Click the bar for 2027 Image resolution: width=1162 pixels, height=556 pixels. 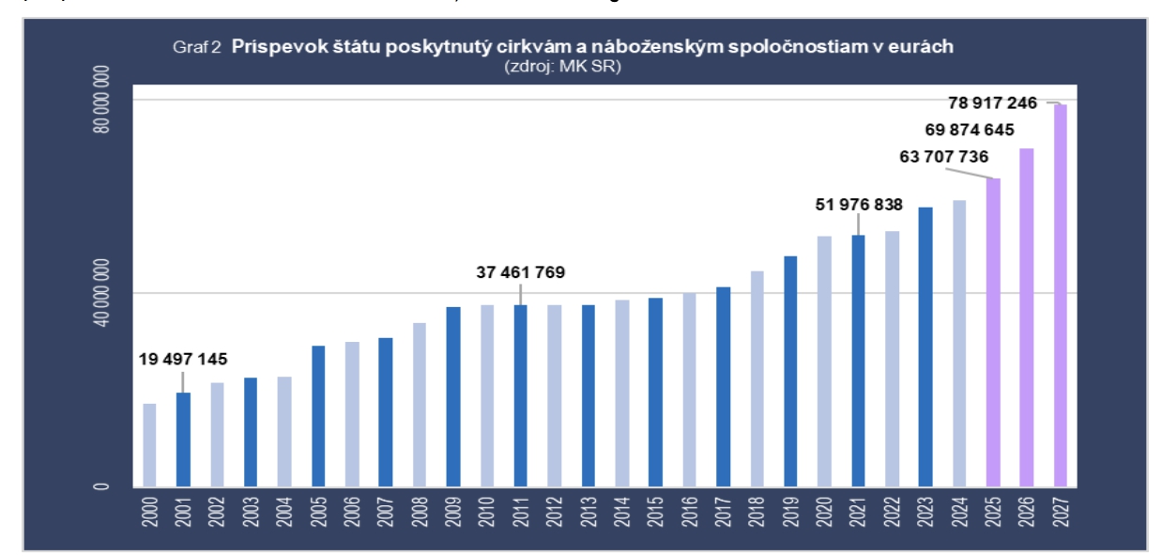coord(1060,295)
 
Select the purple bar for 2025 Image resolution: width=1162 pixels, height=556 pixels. coord(993,332)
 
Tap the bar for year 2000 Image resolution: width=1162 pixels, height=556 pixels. coord(149,445)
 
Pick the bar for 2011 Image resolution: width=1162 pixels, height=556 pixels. coord(520,395)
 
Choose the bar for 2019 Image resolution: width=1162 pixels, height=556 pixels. coord(790,371)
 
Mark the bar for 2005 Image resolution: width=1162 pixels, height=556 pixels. coord(318,416)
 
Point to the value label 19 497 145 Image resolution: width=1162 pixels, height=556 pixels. coord(183,358)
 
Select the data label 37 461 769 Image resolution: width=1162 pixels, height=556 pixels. coord(521,273)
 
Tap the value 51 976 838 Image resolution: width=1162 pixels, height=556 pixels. coord(858,205)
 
